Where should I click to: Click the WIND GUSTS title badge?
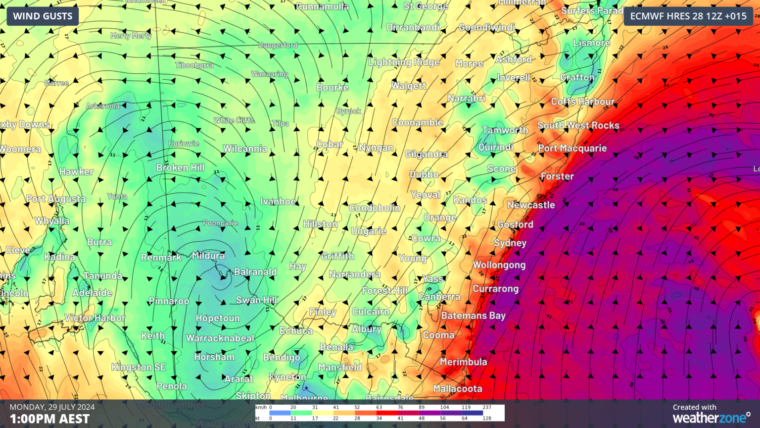tap(43, 16)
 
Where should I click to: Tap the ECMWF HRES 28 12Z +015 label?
tap(688, 16)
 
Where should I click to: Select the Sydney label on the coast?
tap(510, 243)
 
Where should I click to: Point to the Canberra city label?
tap(439, 297)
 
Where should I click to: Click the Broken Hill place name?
tap(180, 168)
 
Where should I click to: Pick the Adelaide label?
tap(92, 293)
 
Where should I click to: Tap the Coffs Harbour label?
tap(583, 102)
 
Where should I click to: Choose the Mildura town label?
tap(208, 256)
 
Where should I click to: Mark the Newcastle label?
tap(531, 205)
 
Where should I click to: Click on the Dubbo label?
tap(424, 174)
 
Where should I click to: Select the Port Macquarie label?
tap(572, 148)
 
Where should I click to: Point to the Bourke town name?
tap(332, 88)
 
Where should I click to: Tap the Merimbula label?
tap(463, 362)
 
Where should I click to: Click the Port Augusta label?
tap(56, 199)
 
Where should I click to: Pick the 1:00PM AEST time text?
tap(49, 419)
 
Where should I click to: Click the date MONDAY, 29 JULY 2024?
tap(52, 407)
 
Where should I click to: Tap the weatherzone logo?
tap(712, 418)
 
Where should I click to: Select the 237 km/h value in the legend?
tap(487, 407)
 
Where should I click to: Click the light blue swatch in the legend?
tap(280, 413)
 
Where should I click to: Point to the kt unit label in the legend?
tap(257, 418)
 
